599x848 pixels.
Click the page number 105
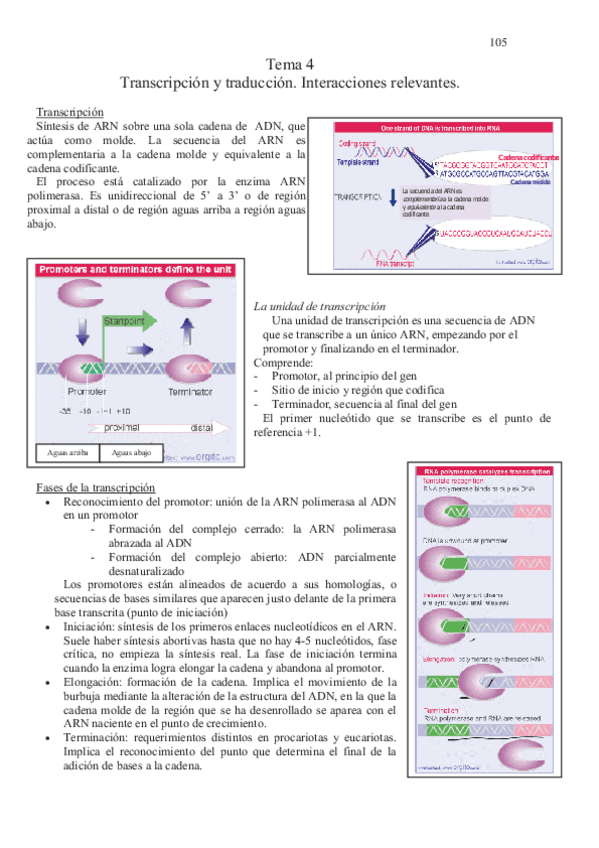499,42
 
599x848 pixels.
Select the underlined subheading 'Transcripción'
70,111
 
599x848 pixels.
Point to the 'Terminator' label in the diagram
190,392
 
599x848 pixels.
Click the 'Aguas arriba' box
68,453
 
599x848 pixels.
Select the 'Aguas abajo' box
132,453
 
